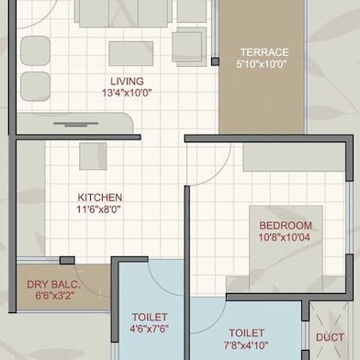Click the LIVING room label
pyautogui.click(x=127, y=81)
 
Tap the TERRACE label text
pyautogui.click(x=264, y=52)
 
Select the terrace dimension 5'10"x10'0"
pyautogui.click(x=262, y=64)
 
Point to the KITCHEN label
pyautogui.click(x=100, y=197)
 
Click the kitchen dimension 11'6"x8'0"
pyautogui.click(x=98, y=210)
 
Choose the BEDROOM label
pyautogui.click(x=286, y=226)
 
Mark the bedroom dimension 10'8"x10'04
pyautogui.click(x=285, y=238)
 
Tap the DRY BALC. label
pyautogui.click(x=53, y=285)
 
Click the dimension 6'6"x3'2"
pyautogui.click(x=55, y=297)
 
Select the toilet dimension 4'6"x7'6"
pyautogui.click(x=150, y=329)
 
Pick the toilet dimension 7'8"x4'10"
pyautogui.click(x=246, y=345)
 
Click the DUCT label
pyautogui.click(x=330, y=337)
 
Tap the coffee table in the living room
pyautogui.click(x=131, y=53)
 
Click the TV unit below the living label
pyautogui.click(x=75, y=123)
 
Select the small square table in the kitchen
pyautogui.click(x=93, y=156)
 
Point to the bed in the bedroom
pyautogui.click(x=286, y=248)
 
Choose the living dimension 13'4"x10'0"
pyautogui.click(x=127, y=93)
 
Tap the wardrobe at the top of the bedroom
pyautogui.click(x=295, y=157)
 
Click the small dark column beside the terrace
pyautogui.click(x=215, y=62)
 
